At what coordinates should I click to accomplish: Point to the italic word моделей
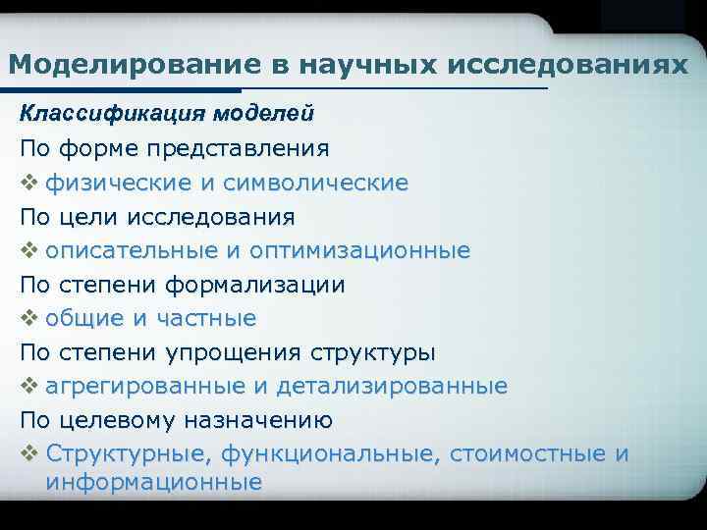pyautogui.click(x=267, y=114)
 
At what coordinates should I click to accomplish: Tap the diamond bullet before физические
pyautogui.click(x=27, y=183)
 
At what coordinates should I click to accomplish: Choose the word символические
pyautogui.click(x=316, y=183)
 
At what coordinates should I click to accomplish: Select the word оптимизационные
pyautogui.click(x=359, y=250)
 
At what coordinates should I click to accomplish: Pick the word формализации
pyautogui.click(x=254, y=285)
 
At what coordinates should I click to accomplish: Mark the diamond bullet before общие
pyautogui.click(x=27, y=318)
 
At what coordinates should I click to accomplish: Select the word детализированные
pyautogui.click(x=392, y=387)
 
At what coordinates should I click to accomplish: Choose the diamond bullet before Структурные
pyautogui.click(x=27, y=454)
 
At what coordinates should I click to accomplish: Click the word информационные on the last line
pyautogui.click(x=153, y=482)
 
